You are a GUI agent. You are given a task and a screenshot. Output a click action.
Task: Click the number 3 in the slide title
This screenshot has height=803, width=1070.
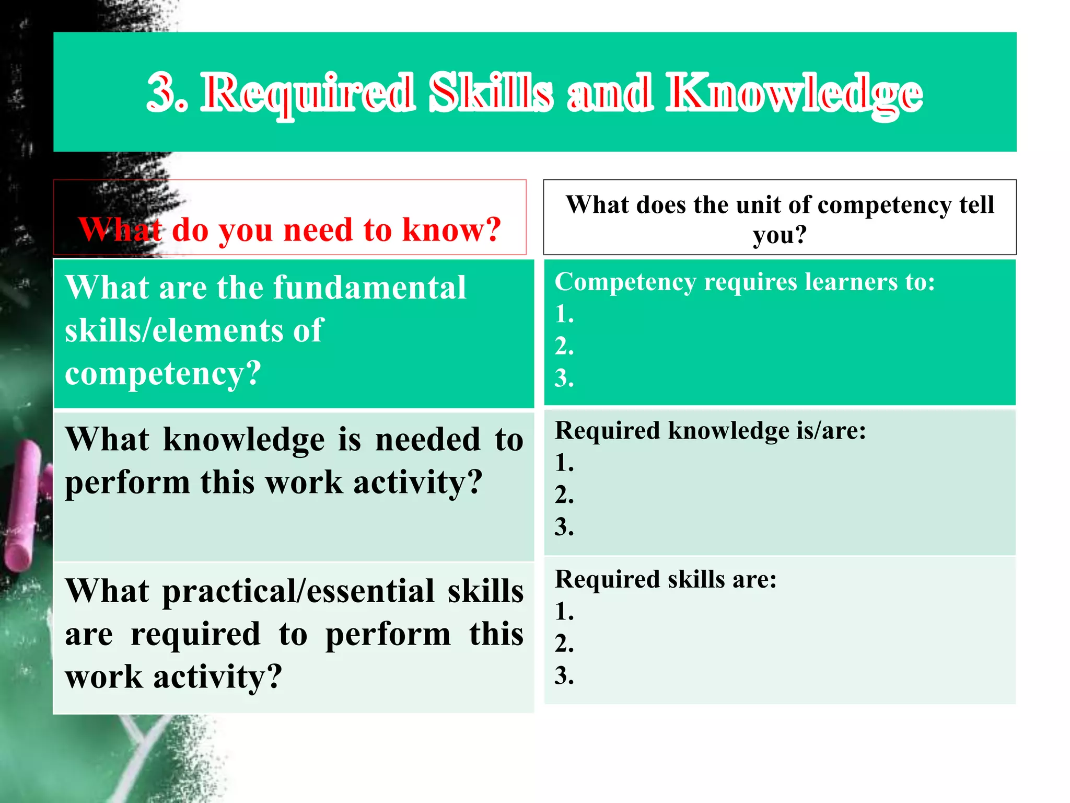point(166,93)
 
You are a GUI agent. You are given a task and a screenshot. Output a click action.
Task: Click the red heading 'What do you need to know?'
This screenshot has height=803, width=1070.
point(290,230)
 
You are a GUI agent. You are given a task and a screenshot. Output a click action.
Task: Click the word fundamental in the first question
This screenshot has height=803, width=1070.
point(369,288)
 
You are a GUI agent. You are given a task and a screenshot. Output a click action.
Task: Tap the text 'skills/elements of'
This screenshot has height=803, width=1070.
point(194,331)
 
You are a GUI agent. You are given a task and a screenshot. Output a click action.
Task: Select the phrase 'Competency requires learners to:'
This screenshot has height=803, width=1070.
point(745,282)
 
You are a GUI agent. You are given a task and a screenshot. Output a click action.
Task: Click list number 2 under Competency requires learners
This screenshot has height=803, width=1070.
point(564,347)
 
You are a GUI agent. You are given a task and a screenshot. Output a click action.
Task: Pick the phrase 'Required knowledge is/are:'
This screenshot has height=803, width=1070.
point(710,431)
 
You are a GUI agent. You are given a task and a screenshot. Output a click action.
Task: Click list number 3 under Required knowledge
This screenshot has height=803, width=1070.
point(564,526)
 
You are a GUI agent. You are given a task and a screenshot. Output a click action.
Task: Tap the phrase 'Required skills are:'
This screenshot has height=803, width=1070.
point(666,579)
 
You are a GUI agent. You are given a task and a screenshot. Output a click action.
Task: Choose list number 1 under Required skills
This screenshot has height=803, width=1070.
point(564,611)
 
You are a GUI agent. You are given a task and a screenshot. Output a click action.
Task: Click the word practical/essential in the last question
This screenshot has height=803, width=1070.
point(298,592)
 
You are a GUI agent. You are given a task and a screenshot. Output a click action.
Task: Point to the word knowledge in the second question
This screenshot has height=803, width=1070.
point(243,439)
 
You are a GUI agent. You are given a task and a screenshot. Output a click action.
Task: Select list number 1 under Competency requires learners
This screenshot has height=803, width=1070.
point(564,314)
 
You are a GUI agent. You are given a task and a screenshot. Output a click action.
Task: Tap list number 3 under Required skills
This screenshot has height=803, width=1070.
point(564,675)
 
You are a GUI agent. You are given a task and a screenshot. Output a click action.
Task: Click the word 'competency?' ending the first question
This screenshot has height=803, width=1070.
point(162,374)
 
